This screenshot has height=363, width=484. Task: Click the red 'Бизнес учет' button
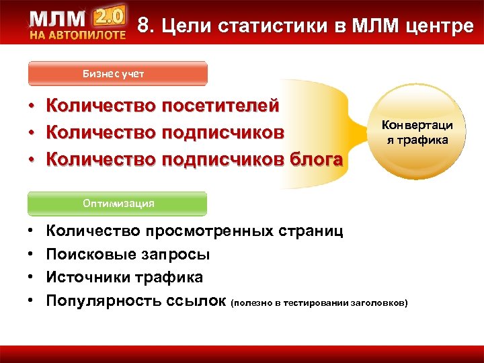click(118, 74)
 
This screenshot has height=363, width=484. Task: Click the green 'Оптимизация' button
click(118, 203)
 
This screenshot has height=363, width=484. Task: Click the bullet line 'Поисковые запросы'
click(128, 255)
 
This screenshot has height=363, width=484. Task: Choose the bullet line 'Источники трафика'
click(124, 277)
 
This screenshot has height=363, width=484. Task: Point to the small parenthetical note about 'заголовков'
click(319, 303)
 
